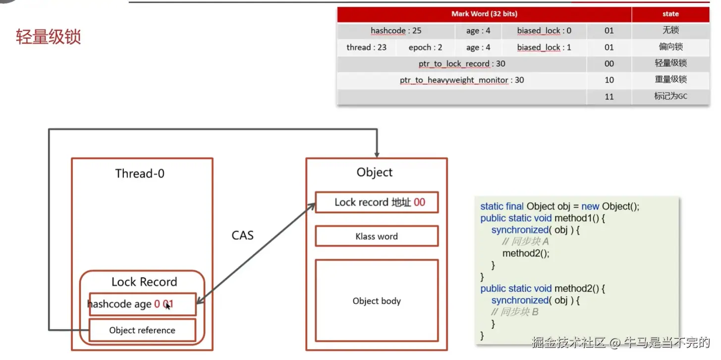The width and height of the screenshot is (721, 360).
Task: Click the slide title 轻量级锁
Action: click(x=48, y=37)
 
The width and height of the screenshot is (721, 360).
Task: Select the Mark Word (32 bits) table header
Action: click(x=484, y=14)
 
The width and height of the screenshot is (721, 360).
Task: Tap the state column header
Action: click(x=670, y=14)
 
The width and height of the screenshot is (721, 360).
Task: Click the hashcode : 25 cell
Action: click(x=395, y=31)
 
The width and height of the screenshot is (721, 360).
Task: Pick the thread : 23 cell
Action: click(x=366, y=48)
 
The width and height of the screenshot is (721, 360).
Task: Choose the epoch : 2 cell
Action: click(x=425, y=48)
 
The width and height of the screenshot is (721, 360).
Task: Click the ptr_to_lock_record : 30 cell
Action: click(x=461, y=64)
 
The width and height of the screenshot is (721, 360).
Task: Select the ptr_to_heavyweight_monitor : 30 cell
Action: click(x=461, y=80)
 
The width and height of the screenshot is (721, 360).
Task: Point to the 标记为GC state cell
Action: click(x=670, y=96)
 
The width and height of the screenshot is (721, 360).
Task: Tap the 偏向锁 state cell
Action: click(x=670, y=47)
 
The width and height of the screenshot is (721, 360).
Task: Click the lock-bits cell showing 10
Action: click(x=609, y=80)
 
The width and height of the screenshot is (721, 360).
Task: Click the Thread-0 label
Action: click(x=140, y=174)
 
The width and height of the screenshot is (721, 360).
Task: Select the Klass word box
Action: click(x=377, y=237)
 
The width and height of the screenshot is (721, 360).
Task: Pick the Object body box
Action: click(x=377, y=301)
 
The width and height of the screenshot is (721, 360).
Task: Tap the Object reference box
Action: click(x=142, y=330)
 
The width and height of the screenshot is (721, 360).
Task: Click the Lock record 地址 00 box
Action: click(x=377, y=202)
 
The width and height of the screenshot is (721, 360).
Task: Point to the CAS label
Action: click(x=242, y=235)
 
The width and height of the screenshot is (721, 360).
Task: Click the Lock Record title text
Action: click(x=144, y=282)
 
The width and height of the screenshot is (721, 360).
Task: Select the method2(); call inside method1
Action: click(x=526, y=253)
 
